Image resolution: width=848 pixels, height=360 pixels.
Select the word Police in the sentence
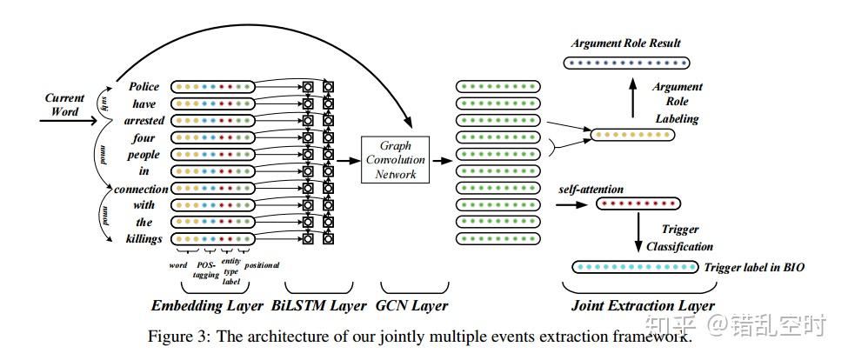point(144,87)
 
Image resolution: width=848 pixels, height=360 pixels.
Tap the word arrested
point(138,121)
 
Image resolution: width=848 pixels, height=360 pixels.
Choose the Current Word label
point(64,104)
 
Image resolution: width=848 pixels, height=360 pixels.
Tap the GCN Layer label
point(414,305)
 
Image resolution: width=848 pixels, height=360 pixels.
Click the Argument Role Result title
point(625,43)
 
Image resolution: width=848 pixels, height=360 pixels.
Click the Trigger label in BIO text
point(754,269)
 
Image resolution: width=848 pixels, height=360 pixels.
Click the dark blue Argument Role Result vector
point(626,63)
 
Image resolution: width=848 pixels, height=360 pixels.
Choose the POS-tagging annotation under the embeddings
point(205,269)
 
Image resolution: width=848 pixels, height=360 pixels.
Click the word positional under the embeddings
point(262,264)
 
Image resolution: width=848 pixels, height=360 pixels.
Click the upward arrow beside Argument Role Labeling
point(632,98)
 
